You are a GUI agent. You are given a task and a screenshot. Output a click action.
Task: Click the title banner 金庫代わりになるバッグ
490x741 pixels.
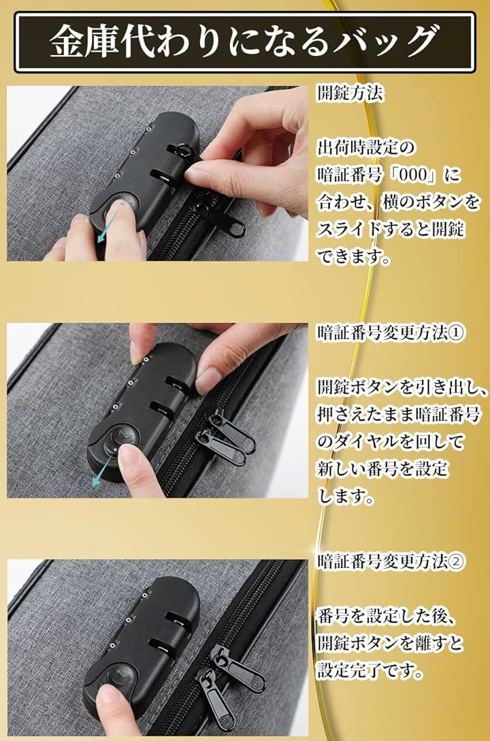click(244, 42)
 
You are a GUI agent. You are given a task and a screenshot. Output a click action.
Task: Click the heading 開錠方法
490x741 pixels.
click(350, 93)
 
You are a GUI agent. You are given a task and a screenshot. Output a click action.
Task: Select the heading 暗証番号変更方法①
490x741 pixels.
click(391, 332)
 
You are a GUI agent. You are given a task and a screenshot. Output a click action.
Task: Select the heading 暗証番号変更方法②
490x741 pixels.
click(391, 561)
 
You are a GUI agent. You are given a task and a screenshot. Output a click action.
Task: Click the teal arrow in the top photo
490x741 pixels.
click(110, 222)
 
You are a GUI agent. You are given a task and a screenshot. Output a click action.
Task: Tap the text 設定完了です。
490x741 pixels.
click(370, 670)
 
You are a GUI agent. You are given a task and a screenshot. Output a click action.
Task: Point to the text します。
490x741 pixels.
click(346, 496)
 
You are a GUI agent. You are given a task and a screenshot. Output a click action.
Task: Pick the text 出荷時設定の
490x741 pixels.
click(366, 148)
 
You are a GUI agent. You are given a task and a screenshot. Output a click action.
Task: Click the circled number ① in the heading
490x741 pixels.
click(456, 332)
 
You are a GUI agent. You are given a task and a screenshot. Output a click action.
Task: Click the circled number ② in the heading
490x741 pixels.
click(456, 561)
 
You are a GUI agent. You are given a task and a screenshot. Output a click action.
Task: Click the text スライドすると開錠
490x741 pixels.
click(391, 230)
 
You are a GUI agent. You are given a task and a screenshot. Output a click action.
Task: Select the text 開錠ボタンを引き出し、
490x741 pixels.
click(402, 387)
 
